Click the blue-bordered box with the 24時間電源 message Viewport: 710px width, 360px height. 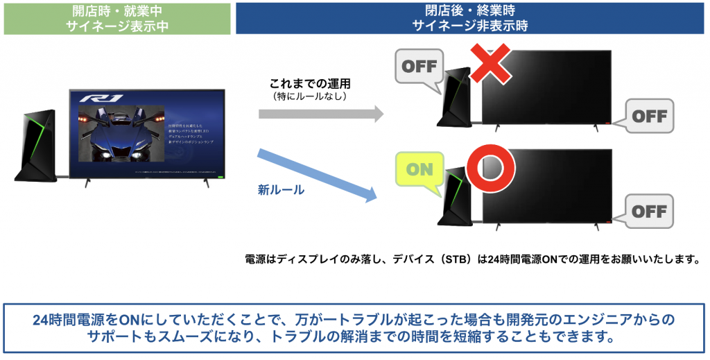pyautogui.click(x=354, y=327)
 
